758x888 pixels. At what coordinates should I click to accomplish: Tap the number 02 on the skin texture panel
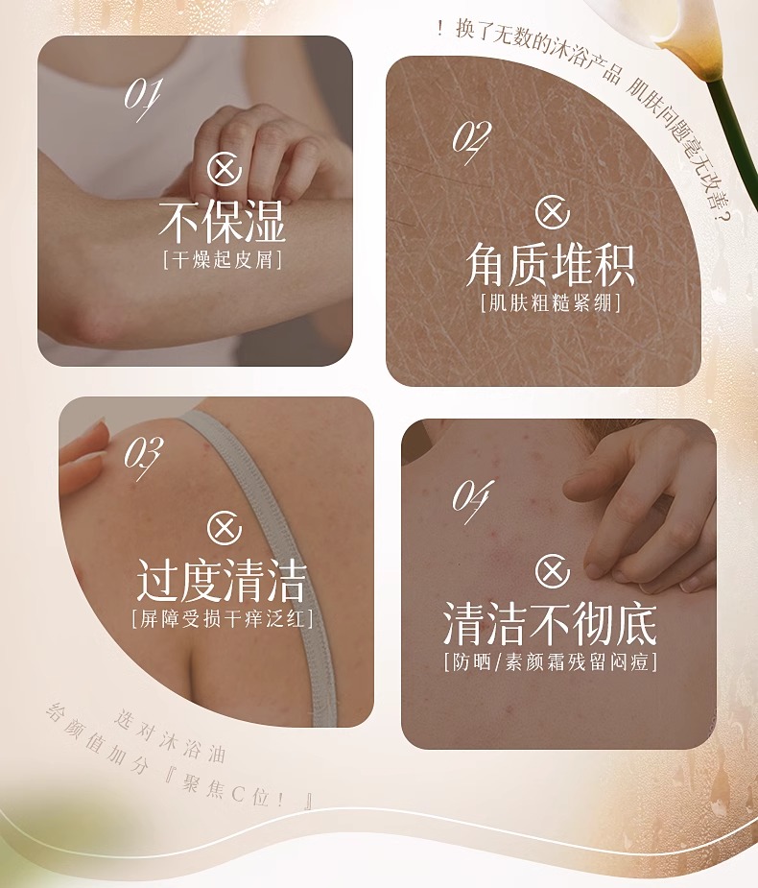471,140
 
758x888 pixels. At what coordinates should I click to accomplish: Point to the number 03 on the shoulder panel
143,457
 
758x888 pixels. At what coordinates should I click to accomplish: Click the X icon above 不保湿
225,169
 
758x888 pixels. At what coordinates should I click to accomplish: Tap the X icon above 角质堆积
553,212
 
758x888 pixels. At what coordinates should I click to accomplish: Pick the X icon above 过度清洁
225,528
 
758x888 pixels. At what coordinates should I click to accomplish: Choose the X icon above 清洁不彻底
553,571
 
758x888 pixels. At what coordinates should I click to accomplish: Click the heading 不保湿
222,221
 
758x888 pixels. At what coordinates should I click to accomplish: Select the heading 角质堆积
550,264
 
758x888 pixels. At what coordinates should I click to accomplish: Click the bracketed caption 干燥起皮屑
223,260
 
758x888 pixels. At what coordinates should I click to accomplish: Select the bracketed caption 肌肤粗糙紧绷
550,303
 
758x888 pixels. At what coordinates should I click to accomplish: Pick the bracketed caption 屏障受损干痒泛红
223,618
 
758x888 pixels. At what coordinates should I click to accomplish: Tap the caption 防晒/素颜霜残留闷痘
550,662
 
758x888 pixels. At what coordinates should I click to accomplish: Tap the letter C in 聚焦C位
238,794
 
